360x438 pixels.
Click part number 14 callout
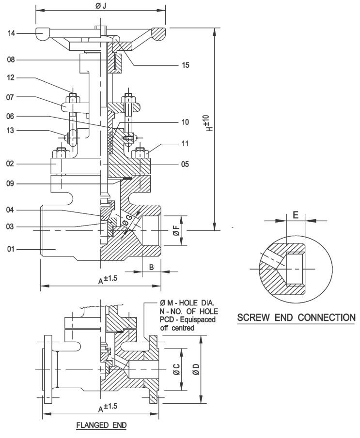11,33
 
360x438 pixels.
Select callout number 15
186,65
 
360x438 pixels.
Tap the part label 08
11,60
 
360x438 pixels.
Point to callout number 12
10,77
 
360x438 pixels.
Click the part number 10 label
185,122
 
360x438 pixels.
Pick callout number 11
185,144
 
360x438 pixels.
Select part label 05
185,164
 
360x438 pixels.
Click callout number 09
10,184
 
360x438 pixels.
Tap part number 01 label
10,249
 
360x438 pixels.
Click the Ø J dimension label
101,6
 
